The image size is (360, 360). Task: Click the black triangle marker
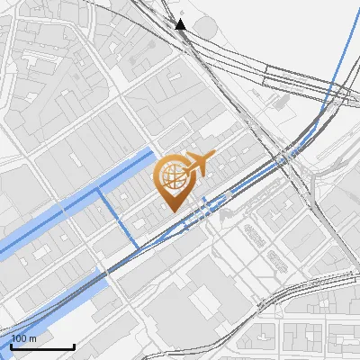[181, 24]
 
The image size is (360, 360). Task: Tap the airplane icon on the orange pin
[197, 165]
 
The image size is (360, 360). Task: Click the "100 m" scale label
[24, 337]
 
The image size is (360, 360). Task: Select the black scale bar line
[42, 346]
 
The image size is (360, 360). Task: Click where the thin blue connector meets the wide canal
[98, 192]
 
